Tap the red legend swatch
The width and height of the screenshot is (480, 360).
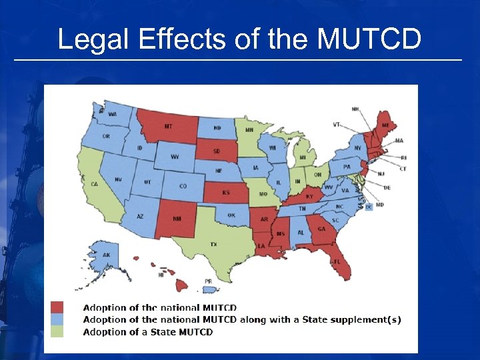point(57,307)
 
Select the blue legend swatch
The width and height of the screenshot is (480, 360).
point(57,319)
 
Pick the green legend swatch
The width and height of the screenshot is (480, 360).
point(57,331)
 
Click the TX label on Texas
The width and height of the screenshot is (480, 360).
point(213,245)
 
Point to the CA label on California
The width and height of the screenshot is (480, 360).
point(94,184)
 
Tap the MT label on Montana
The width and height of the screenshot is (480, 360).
point(168,127)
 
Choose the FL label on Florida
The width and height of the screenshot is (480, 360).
point(337,262)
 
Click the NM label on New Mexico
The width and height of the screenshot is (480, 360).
point(176,219)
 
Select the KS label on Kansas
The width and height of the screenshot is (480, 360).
point(226,193)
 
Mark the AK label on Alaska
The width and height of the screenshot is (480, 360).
point(106,255)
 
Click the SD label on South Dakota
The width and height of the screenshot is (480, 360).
point(217,151)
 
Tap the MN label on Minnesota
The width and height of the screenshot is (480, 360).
point(249,130)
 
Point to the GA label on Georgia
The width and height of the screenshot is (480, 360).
point(321,229)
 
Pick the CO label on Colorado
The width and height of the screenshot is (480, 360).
point(183,186)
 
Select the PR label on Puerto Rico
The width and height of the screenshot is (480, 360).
point(209,281)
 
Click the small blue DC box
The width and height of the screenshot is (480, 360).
point(369,207)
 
